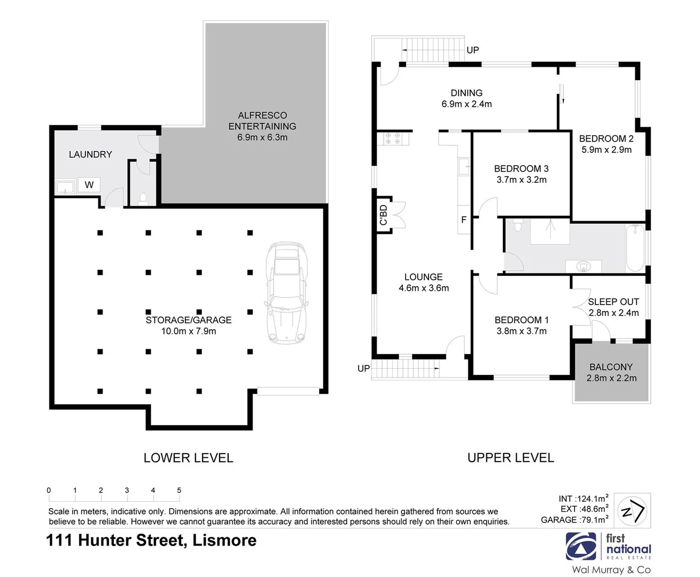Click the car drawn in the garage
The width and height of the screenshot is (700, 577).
[x=287, y=293]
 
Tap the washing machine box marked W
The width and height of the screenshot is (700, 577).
[x=89, y=185]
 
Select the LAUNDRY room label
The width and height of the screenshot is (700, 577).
[x=90, y=154]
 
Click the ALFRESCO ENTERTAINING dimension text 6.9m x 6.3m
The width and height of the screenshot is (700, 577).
[x=262, y=137]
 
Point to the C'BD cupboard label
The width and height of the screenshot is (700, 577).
[x=383, y=215]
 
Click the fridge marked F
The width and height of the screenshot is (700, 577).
[x=463, y=220]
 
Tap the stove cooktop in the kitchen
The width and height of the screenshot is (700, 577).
[x=393, y=139]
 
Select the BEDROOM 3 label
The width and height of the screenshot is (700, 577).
[x=521, y=169]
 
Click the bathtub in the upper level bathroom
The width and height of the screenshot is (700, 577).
[x=635, y=248]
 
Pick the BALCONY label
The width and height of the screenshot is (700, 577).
[x=611, y=367]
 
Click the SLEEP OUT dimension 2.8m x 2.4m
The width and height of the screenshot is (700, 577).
[x=613, y=313]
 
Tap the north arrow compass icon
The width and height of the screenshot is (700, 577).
[x=632, y=511]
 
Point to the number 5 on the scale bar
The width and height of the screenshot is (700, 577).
[x=179, y=490]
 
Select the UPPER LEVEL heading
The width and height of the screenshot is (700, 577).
[x=510, y=458]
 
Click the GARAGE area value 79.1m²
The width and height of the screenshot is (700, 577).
[x=594, y=520]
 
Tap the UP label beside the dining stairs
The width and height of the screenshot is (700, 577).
[x=472, y=50]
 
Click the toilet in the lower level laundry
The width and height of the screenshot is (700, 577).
[x=143, y=199]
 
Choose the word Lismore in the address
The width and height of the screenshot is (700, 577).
[x=224, y=540]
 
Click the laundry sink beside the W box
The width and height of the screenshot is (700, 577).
[x=65, y=187]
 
